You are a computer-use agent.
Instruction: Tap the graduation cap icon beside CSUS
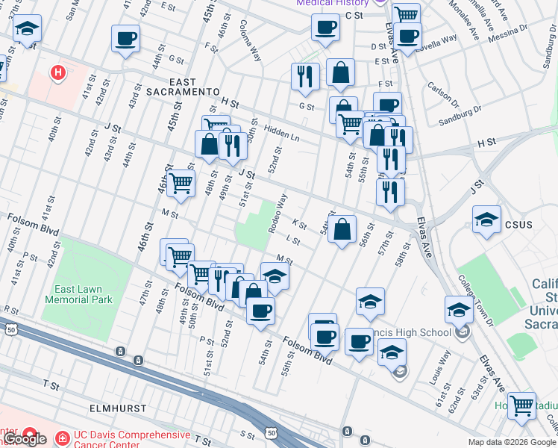point(486,220)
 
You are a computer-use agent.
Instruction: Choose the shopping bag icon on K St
point(342,230)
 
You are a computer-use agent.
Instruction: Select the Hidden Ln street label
point(280,132)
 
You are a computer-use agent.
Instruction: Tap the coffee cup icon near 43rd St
point(125,38)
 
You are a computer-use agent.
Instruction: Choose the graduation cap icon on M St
point(275,276)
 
